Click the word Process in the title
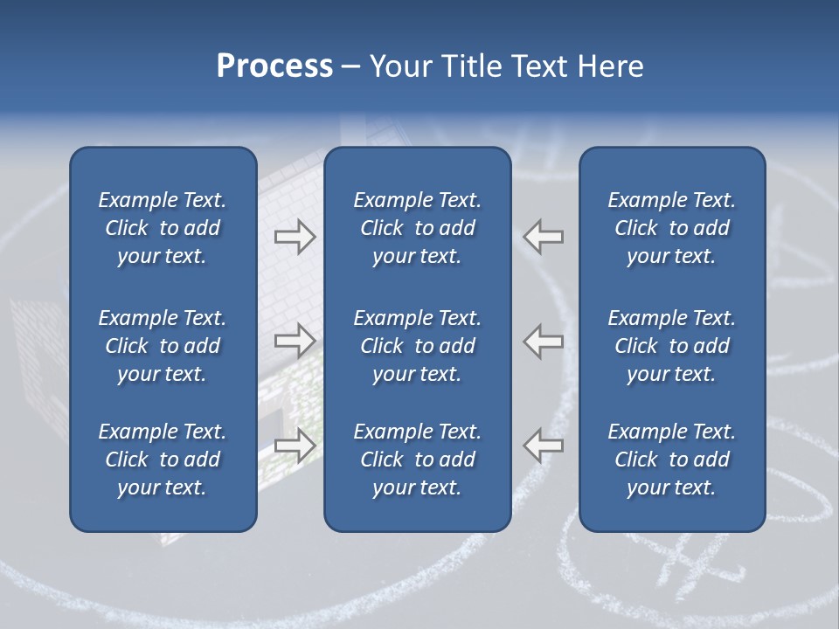tap(274, 66)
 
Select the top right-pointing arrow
tap(295, 237)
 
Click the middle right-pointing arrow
tap(295, 341)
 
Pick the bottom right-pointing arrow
tap(295, 445)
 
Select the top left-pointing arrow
tap(544, 237)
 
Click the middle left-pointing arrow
tap(544, 341)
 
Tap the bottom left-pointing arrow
tap(544, 445)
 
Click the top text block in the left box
tap(163, 228)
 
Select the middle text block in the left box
tap(163, 346)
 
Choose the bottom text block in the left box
tap(163, 460)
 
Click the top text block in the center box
tap(417, 228)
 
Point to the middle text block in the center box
tap(417, 346)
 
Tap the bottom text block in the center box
tap(417, 460)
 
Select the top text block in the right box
tap(671, 228)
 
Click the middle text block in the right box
tap(671, 346)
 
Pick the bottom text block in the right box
tap(671, 460)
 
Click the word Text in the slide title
tap(535, 66)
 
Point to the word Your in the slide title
tap(398, 66)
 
